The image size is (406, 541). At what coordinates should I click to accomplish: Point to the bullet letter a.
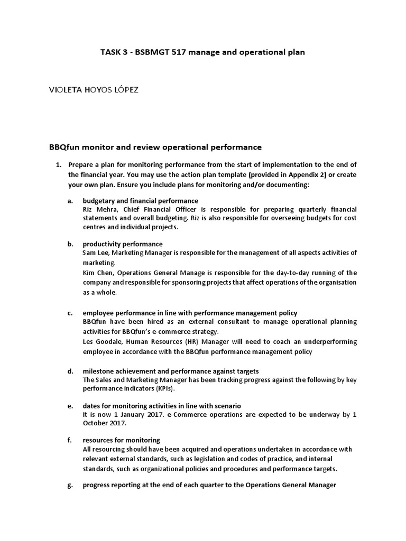click(x=70, y=201)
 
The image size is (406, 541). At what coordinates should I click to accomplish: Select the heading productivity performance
click(x=122, y=244)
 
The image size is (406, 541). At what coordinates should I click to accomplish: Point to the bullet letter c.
click(x=70, y=313)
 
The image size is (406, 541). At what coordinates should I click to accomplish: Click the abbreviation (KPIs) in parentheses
click(x=163, y=388)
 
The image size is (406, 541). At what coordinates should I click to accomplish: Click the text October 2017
click(x=105, y=424)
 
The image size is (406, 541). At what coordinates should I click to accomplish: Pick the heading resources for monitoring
click(x=121, y=440)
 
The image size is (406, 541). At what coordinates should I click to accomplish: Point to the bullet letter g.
click(x=70, y=485)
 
